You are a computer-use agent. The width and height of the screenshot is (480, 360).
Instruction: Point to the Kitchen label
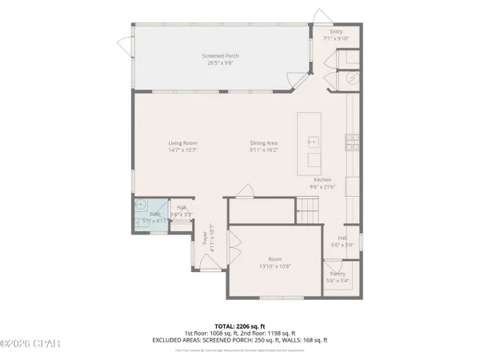[322, 180]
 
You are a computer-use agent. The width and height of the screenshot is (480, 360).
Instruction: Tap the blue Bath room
[151, 217]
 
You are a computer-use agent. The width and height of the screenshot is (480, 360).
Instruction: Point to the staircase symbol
[308, 211]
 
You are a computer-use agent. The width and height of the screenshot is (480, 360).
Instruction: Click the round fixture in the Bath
[142, 204]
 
